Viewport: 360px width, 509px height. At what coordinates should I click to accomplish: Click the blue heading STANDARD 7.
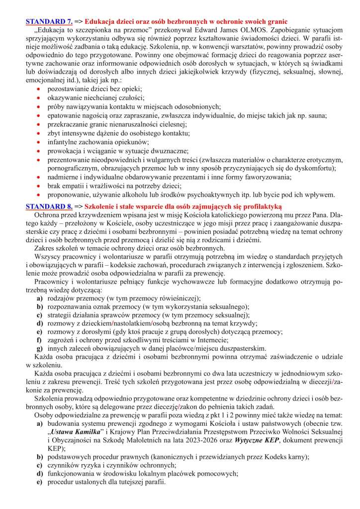tap(49, 21)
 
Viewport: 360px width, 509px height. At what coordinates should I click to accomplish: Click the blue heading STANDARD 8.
tap(49, 206)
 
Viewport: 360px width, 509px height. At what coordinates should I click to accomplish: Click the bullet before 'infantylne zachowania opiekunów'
tap(39, 142)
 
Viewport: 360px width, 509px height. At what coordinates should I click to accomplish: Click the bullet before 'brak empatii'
tap(39, 187)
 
